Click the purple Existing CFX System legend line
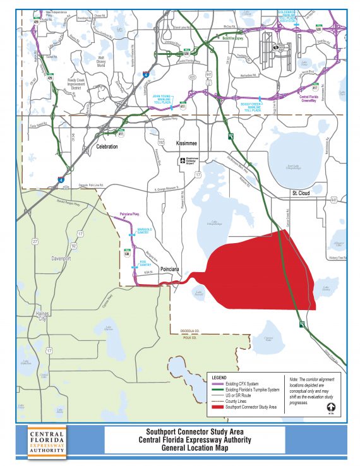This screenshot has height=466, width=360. point(217,383)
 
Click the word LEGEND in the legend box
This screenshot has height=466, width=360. point(218,377)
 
